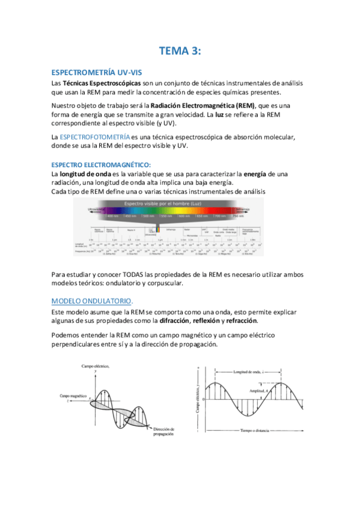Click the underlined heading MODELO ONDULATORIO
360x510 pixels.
[x=91, y=301]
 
